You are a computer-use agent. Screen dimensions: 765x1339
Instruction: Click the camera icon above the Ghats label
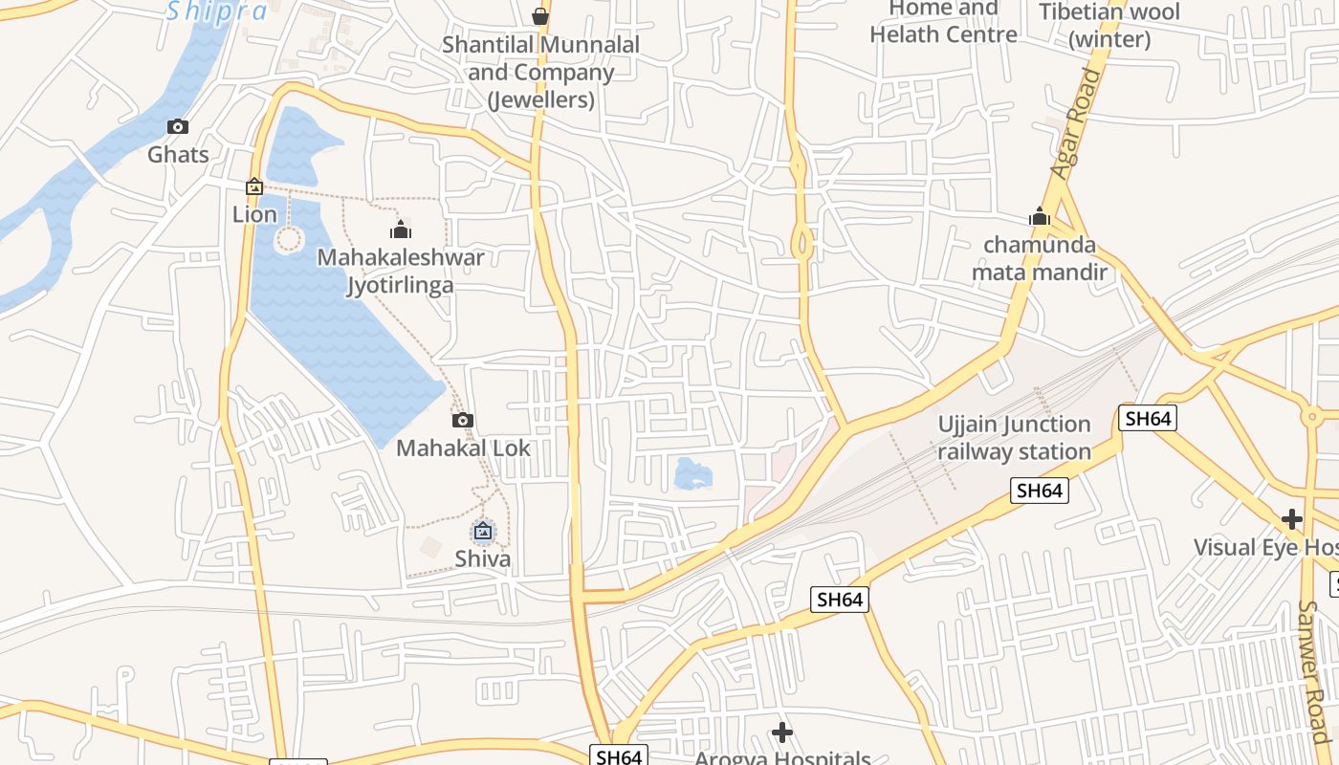(x=177, y=126)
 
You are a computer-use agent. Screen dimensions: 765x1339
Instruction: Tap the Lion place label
(x=254, y=214)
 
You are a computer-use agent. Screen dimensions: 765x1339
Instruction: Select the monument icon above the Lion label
(x=254, y=186)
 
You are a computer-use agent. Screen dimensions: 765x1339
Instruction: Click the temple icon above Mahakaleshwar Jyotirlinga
(x=401, y=229)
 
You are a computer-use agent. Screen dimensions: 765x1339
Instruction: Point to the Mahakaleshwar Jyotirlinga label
(x=401, y=272)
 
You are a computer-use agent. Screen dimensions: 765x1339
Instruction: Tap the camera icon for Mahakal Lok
(x=463, y=420)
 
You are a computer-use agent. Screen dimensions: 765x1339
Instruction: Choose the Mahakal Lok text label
(x=463, y=448)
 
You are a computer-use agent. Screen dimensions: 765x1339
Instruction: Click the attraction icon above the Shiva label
(x=483, y=531)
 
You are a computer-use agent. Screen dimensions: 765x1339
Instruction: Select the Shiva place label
(x=483, y=558)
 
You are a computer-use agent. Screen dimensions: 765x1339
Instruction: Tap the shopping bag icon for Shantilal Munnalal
(x=540, y=16)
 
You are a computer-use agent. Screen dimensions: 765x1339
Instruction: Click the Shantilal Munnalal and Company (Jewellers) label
(x=540, y=72)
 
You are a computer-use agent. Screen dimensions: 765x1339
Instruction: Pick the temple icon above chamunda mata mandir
(x=1040, y=217)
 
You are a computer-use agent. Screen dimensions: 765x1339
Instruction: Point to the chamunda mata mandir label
(x=1040, y=258)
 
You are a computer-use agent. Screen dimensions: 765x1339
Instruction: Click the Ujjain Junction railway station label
(x=1014, y=438)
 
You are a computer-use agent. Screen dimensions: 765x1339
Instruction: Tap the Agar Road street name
(x=1076, y=123)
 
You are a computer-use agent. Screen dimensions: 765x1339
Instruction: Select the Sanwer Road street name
(x=1313, y=669)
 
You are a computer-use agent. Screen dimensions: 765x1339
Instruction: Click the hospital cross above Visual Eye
(x=1292, y=519)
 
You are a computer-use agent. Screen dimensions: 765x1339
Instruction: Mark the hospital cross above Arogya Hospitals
(x=782, y=732)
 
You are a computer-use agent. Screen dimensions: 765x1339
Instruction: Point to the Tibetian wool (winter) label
(x=1109, y=26)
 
